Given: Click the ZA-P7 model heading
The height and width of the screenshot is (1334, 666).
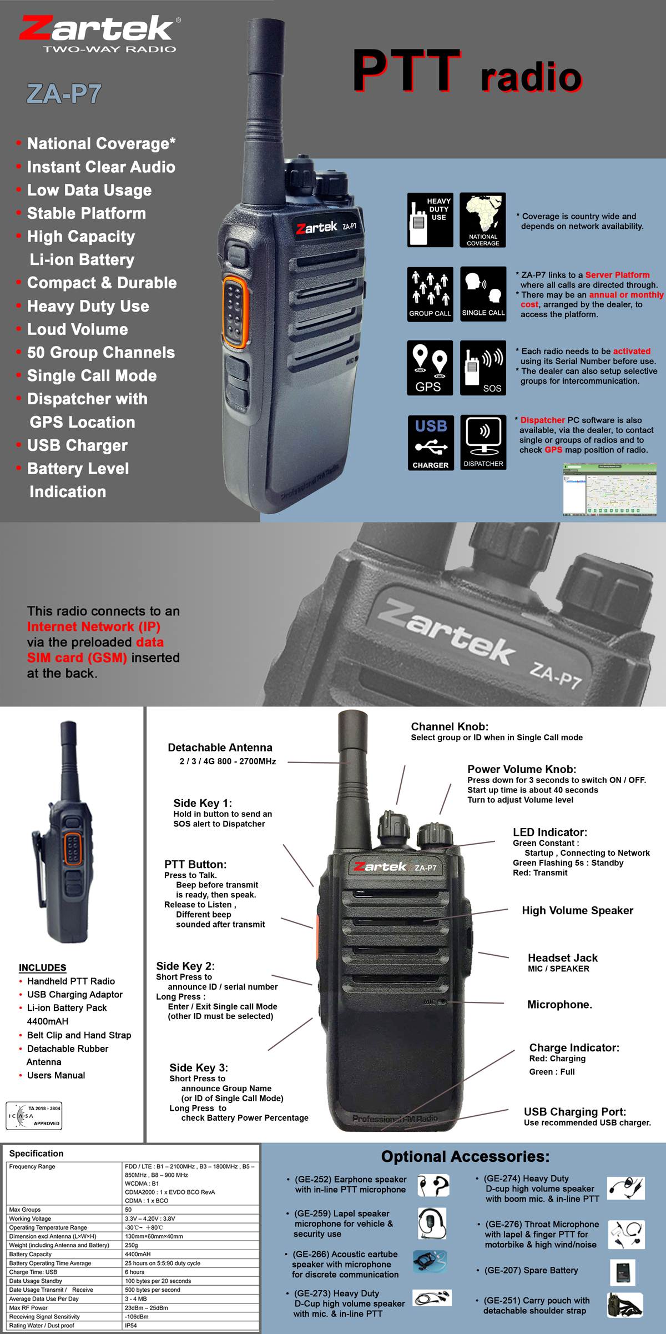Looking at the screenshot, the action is pyautogui.click(x=64, y=94).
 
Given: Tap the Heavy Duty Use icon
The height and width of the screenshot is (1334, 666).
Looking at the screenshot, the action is pyautogui.click(x=430, y=220).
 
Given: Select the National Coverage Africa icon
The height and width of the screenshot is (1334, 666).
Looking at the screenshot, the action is pyautogui.click(x=483, y=220).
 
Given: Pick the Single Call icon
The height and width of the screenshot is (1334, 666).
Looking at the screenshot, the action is pyautogui.click(x=483, y=294).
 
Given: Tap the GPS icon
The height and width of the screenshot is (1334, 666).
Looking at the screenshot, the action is pyautogui.click(x=430, y=368).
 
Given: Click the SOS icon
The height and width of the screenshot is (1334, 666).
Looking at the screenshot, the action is pyautogui.click(x=483, y=368).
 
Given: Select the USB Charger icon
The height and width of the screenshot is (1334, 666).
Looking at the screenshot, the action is pyautogui.click(x=431, y=443).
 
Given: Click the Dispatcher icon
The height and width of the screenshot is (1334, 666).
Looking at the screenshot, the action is pyautogui.click(x=483, y=442).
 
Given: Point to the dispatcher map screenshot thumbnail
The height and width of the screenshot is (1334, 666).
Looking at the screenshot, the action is pyautogui.click(x=610, y=489).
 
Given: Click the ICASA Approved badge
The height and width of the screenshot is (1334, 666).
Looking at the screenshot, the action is pyautogui.click(x=34, y=1116).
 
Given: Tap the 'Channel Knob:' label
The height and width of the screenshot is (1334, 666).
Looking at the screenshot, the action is pyautogui.click(x=450, y=726).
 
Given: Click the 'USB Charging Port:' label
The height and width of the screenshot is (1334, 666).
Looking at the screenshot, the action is pyautogui.click(x=575, y=1111).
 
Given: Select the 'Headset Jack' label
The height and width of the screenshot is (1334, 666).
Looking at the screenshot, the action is pyautogui.click(x=563, y=957).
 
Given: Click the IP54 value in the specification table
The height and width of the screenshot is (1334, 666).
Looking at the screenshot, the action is pyautogui.click(x=131, y=1325).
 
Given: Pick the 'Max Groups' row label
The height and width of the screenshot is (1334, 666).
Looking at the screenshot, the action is pyautogui.click(x=25, y=1209).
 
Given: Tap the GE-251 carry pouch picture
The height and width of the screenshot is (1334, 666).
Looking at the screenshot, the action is pyautogui.click(x=625, y=1305).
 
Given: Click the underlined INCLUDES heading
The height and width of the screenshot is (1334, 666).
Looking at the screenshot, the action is pyautogui.click(x=43, y=967).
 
